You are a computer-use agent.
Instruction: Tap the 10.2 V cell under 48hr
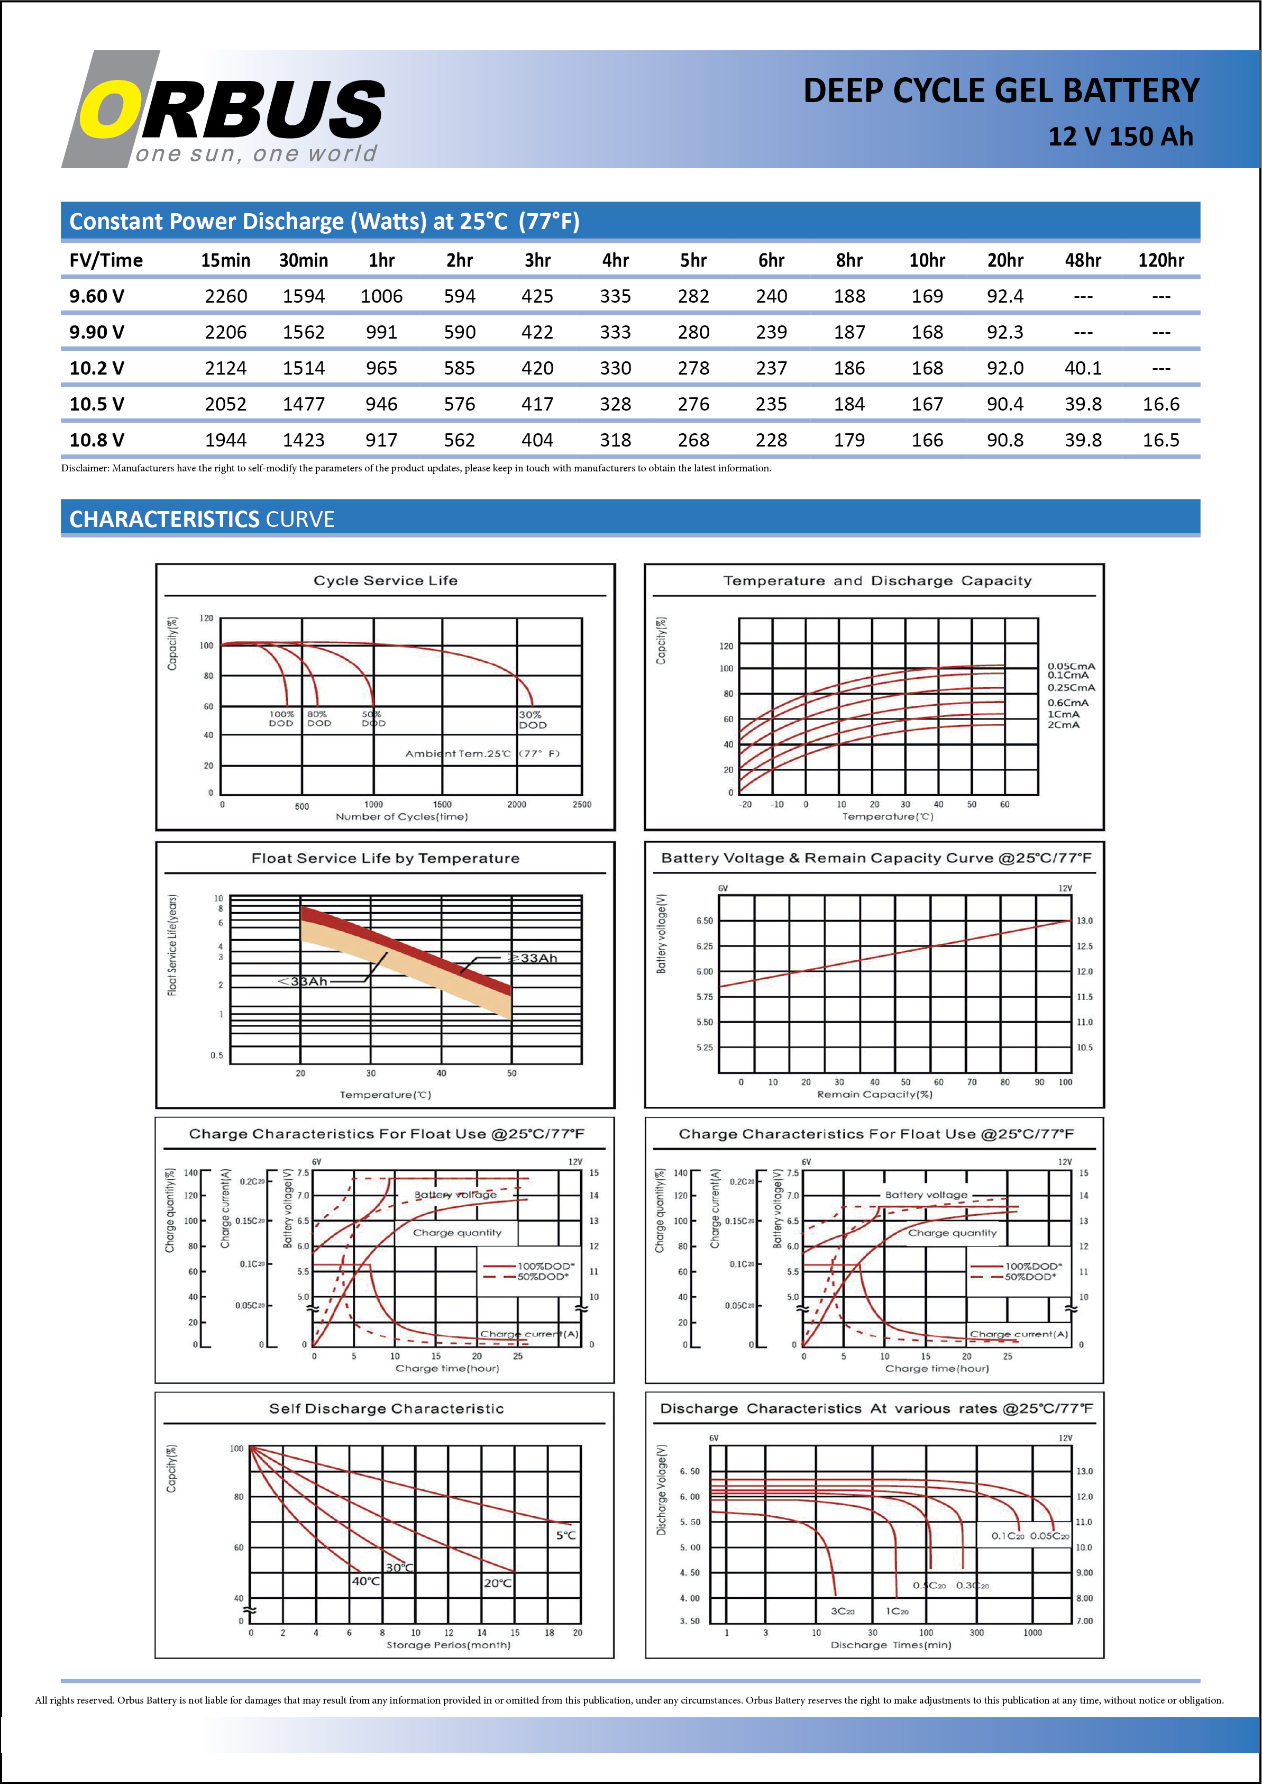coord(1083,368)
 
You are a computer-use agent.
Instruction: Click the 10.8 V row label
coord(96,440)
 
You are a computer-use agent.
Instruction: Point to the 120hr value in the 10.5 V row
coord(1160,404)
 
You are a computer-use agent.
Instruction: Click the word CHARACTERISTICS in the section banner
coord(164,519)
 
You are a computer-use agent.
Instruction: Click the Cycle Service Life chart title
coord(386,581)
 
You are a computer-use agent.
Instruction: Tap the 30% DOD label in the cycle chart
coord(532,720)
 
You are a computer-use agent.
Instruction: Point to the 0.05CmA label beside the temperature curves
coord(1071,666)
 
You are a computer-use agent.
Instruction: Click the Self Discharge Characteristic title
coord(386,1408)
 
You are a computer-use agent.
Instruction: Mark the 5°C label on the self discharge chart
coord(566,1535)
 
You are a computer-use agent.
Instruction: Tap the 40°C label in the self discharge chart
coord(366,1581)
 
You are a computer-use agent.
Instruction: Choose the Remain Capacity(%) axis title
coord(874,1095)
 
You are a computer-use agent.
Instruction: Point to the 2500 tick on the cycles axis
coord(581,805)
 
